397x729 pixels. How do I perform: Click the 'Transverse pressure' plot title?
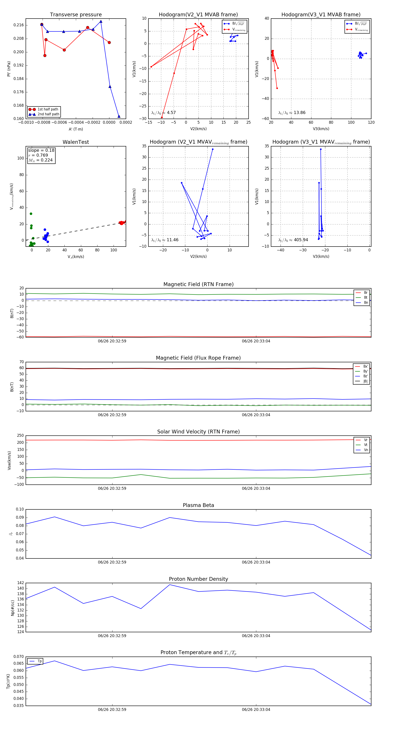pos(76,15)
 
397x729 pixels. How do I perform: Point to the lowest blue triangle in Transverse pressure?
pos(119,116)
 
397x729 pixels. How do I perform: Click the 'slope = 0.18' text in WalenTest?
pos(41,150)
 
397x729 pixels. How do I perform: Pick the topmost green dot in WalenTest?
pos(31,214)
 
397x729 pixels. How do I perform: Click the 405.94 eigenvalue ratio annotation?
pos(293,240)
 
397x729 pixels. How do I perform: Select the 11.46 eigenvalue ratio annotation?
pos(165,240)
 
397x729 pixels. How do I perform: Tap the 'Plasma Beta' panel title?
pos(198,505)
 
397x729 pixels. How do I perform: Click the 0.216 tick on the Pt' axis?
pos(19,25)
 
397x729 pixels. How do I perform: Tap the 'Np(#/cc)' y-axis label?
pos(12,607)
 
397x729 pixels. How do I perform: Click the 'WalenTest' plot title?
pos(76,142)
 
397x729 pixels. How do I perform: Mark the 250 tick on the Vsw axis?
pos(20,436)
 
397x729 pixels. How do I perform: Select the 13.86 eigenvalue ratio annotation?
pos(292,113)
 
